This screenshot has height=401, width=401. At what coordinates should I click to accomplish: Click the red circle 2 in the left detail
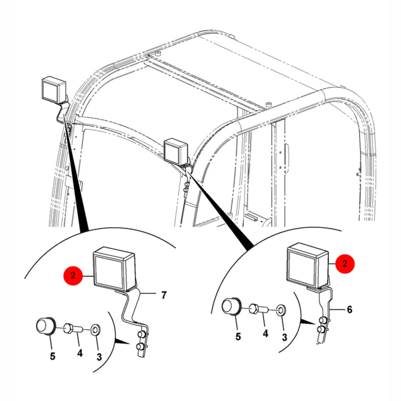click(73, 275)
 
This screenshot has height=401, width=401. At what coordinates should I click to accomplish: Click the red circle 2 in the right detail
click(345, 264)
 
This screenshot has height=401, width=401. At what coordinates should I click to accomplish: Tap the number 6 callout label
click(349, 316)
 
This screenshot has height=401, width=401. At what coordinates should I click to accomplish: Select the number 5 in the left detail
click(52, 356)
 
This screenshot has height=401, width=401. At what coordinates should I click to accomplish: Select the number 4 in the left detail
click(80, 353)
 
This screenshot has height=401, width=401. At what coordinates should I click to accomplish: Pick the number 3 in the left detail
click(99, 357)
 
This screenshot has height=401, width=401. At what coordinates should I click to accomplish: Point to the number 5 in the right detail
click(238, 336)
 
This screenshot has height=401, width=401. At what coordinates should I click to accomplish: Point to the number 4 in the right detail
click(266, 333)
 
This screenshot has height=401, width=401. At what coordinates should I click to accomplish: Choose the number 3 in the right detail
click(285, 337)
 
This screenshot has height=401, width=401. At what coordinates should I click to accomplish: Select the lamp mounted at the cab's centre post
click(176, 150)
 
